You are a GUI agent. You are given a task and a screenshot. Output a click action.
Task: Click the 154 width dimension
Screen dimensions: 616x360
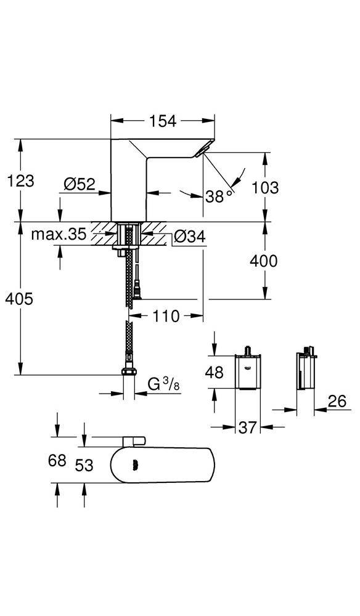click(x=163, y=122)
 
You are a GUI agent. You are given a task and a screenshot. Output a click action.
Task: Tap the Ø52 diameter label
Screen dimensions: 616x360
click(x=78, y=184)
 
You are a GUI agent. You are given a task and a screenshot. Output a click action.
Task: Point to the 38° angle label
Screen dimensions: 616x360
click(x=219, y=197)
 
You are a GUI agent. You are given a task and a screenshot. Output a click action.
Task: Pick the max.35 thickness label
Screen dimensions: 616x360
click(x=58, y=235)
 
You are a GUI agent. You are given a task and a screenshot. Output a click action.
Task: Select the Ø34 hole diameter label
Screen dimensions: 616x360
click(x=189, y=236)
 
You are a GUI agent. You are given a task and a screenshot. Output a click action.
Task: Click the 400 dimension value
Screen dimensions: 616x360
click(x=263, y=261)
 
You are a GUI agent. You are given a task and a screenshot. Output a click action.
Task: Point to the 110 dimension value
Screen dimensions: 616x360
click(x=166, y=317)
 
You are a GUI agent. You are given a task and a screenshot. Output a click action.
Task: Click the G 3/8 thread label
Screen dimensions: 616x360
click(x=162, y=384)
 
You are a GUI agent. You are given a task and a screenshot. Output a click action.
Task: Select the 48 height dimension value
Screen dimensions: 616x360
click(x=214, y=371)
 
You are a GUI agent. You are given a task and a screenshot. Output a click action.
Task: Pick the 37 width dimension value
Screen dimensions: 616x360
click(x=247, y=427)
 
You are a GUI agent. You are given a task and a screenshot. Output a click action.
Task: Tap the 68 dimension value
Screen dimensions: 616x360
click(x=57, y=461)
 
